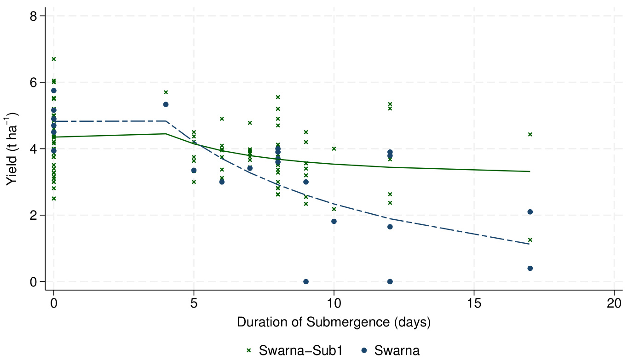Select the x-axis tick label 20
click(614, 303)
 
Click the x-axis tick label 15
click(474, 303)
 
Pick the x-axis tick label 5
click(194, 303)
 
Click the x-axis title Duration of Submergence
click(334, 322)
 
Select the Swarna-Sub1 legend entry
click(294, 350)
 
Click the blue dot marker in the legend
click(364, 350)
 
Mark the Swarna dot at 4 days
click(166, 104)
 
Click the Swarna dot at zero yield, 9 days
click(306, 281)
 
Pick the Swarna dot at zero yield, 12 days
click(390, 281)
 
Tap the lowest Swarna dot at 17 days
click(530, 268)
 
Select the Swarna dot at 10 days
click(334, 221)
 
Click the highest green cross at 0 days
click(54, 59)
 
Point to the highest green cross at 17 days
click(530, 134)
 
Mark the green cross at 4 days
click(166, 92)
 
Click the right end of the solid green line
click(530, 171)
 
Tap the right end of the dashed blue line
click(530, 244)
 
